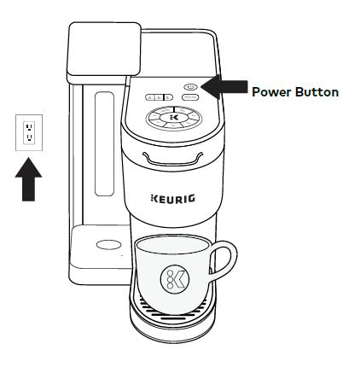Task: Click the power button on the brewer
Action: click(x=189, y=86)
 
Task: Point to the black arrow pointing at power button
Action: click(x=224, y=87)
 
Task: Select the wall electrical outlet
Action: click(x=29, y=132)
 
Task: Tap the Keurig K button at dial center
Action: click(x=175, y=117)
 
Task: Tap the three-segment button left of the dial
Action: click(x=155, y=98)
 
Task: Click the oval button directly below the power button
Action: click(x=189, y=97)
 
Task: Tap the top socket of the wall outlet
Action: click(x=29, y=125)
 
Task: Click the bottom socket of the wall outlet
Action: click(x=29, y=138)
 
